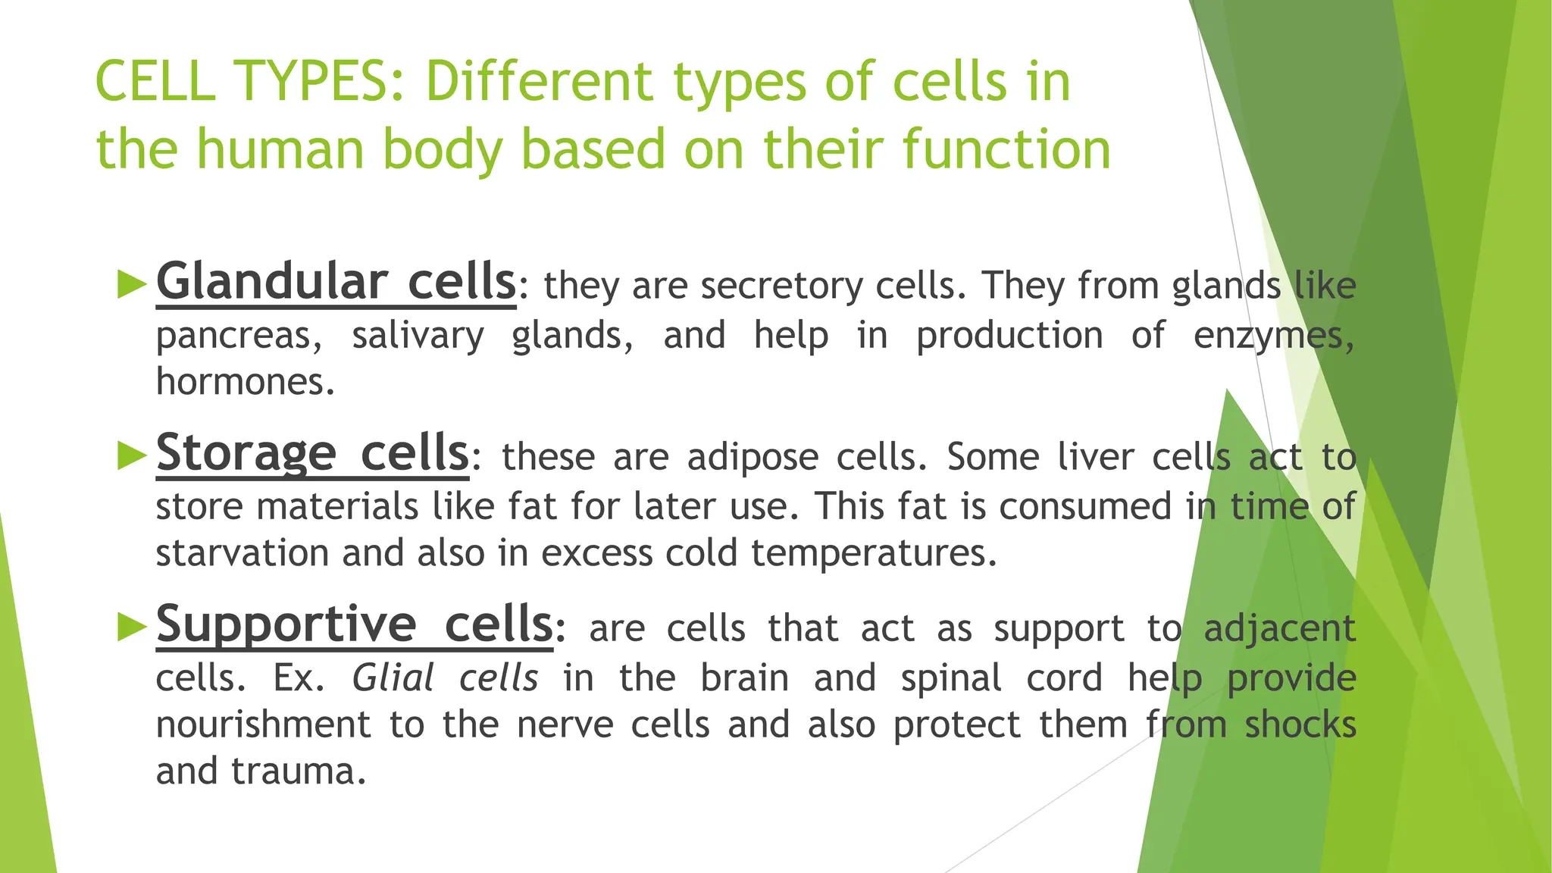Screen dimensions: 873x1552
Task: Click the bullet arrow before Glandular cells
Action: point(133,285)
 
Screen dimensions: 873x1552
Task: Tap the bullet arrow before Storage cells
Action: point(133,456)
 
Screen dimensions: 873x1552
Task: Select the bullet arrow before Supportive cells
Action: point(133,627)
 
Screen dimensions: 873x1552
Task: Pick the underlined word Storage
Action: point(246,453)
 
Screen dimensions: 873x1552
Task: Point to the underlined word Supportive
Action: point(286,624)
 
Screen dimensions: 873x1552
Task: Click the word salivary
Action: point(418,336)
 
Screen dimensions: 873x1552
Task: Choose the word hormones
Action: point(244,381)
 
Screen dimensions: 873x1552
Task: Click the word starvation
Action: point(242,552)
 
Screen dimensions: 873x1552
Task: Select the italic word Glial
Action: point(393,677)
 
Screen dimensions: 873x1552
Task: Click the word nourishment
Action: point(263,724)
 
